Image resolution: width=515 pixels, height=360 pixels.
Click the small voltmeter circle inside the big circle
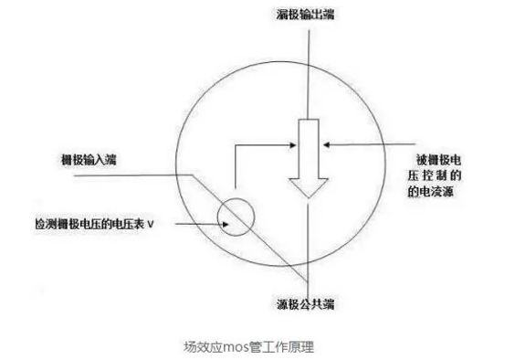click(x=233, y=215)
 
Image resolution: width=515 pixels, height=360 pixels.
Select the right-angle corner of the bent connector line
click(x=236, y=143)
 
